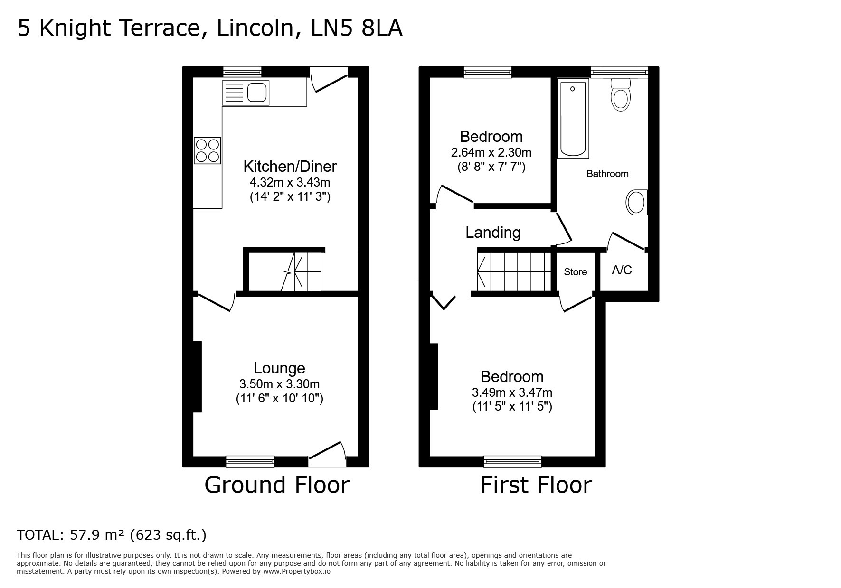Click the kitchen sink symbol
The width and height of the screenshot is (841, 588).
pos(246,93)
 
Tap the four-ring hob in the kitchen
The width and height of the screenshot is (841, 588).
pos(208,150)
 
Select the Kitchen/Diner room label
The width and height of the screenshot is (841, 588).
pos(290,167)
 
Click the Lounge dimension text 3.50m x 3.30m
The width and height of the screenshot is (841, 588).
pos(279,384)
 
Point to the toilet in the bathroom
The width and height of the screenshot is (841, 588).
pos(620,95)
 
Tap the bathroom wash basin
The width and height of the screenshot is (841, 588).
pos(636,203)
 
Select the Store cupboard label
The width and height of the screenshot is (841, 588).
pos(575,272)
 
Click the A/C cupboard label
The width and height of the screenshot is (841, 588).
pos(622,270)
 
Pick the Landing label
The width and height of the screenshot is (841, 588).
pos(493,233)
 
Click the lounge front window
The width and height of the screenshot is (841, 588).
pos(250,461)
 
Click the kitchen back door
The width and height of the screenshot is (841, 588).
pos(329,78)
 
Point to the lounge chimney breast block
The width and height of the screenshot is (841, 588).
pos(197,376)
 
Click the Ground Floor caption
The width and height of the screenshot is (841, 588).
pos(277,485)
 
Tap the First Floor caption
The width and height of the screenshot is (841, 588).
pos(536,485)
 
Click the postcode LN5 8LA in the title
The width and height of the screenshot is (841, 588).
pos(357,28)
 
